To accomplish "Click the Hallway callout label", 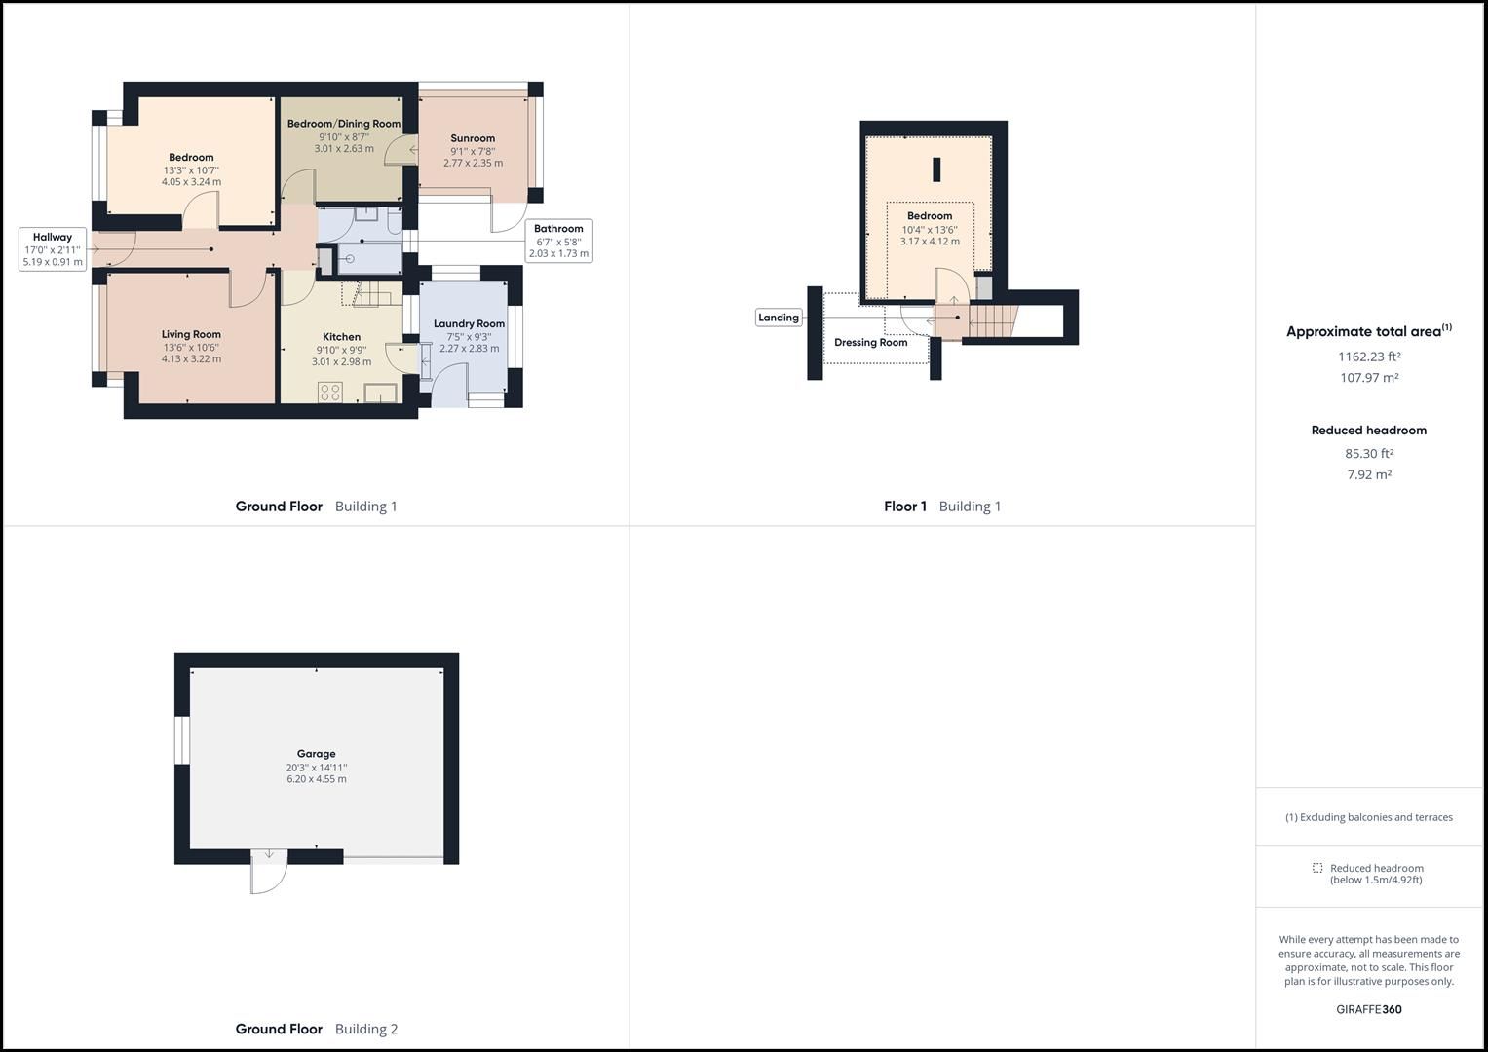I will pos(53,237).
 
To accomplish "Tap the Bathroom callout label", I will pos(558,229).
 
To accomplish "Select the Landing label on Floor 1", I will pos(779,318).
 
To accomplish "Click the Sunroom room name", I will pos(473,138).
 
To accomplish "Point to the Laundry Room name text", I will pos(469,324).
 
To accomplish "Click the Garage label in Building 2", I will pos(316,754).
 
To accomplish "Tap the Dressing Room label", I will pos(870,343).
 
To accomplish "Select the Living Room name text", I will pos(191,335).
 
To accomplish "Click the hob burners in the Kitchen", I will pos(330,393).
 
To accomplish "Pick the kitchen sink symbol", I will pos(380,393).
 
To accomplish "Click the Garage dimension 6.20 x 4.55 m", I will pos(316,779).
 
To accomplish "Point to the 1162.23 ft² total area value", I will pos(1369,357).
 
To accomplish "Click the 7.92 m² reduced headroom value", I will pos(1369,475).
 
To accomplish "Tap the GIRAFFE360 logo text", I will pos(1369,1009).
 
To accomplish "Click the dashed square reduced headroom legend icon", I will pos(1317,868).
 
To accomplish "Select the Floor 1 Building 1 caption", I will pos(941,507).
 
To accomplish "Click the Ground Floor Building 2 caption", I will pos(316,1029).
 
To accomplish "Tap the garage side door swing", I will pos(269,871).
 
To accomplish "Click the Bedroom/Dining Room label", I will pos(343,124).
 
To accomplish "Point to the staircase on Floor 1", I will pos(992,318).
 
